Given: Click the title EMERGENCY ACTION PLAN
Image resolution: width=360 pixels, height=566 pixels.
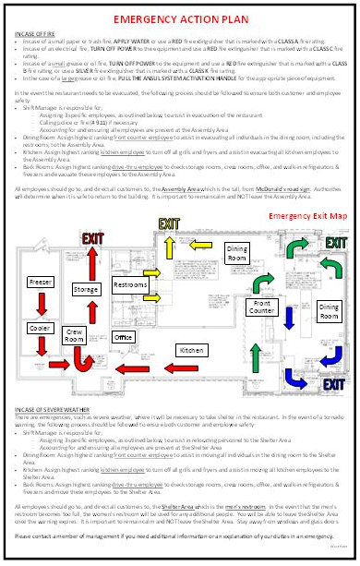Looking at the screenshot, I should point(179,18).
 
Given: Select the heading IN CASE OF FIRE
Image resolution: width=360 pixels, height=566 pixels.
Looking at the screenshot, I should point(37,33).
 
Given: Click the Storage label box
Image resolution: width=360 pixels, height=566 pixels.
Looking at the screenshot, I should point(87,289).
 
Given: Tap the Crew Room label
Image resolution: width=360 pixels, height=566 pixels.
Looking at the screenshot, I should point(77,335).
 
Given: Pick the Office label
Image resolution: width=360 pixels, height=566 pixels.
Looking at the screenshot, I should point(124,337).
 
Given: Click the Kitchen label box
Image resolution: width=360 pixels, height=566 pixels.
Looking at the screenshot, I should point(190,351).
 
